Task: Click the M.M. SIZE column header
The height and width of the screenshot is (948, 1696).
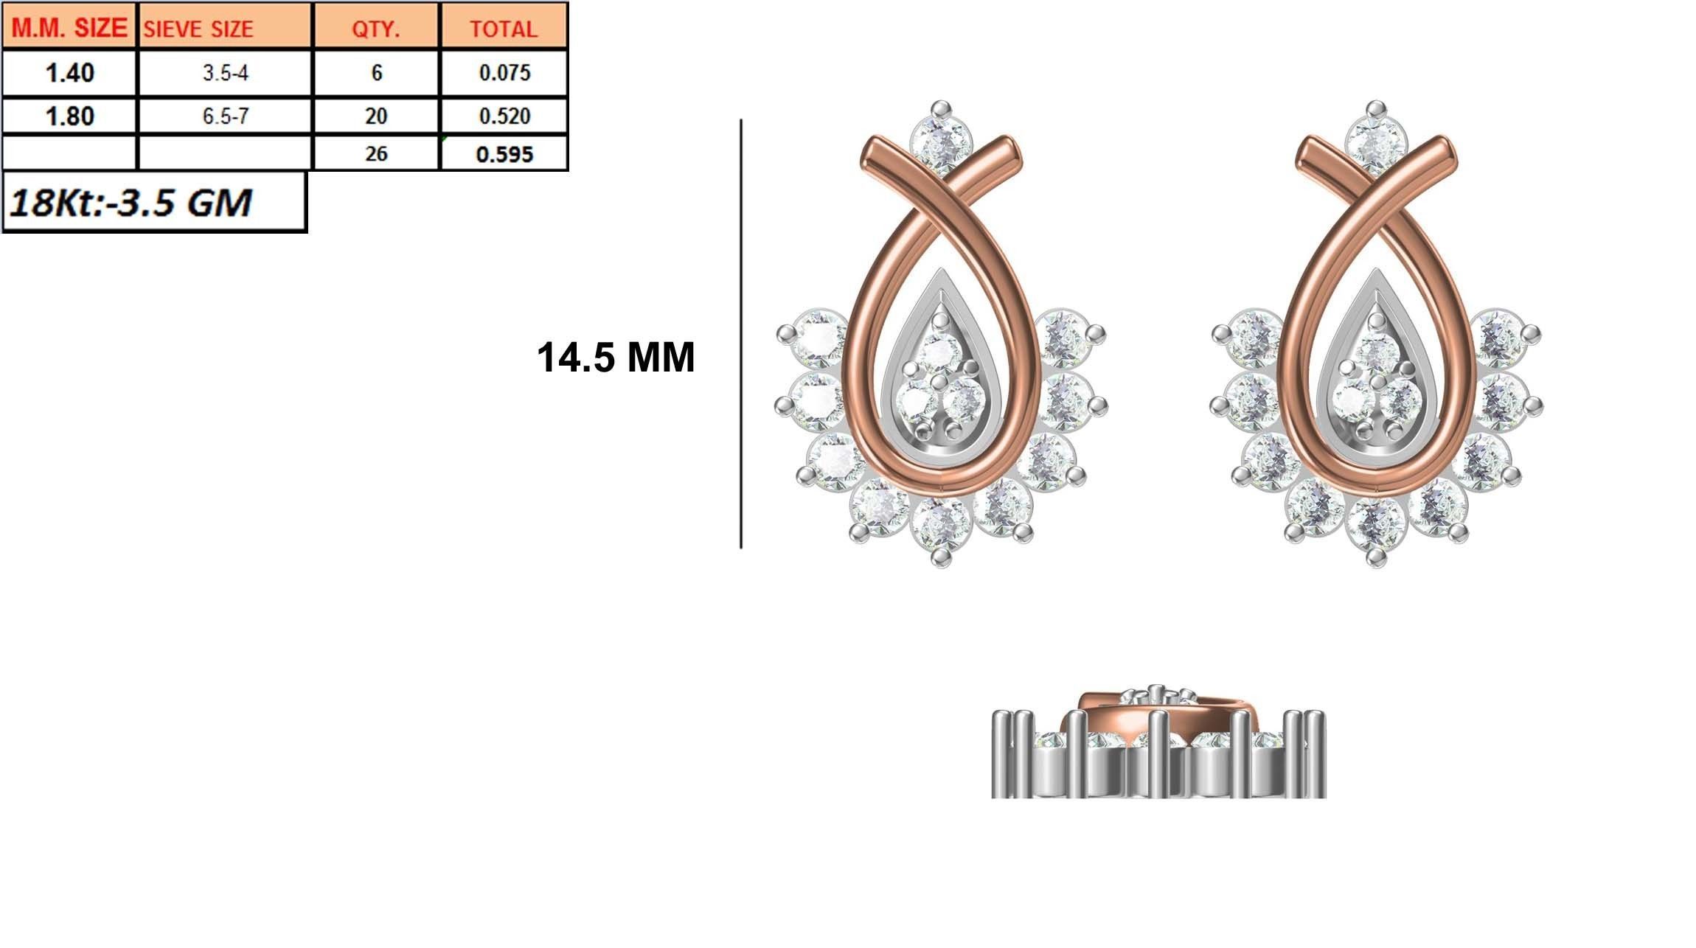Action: [x=69, y=28]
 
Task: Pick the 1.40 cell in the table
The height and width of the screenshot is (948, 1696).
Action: [x=69, y=73]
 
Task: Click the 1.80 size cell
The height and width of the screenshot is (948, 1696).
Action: [x=69, y=116]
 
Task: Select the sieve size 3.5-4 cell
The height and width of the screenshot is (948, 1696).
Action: [x=225, y=73]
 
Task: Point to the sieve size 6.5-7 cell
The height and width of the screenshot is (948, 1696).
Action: [x=225, y=116]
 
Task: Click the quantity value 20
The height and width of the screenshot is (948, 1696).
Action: [x=376, y=116]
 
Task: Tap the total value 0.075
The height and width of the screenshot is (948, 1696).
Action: [x=504, y=73]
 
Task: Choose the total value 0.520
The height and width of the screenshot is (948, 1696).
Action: [x=504, y=116]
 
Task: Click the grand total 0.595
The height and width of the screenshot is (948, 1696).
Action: [x=504, y=154]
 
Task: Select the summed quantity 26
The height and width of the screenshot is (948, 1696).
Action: [x=376, y=154]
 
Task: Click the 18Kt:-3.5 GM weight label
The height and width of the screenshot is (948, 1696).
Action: [x=131, y=202]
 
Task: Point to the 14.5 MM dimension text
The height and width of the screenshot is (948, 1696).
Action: [x=615, y=358]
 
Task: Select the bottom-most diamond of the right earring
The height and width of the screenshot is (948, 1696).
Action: [x=1376, y=526]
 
